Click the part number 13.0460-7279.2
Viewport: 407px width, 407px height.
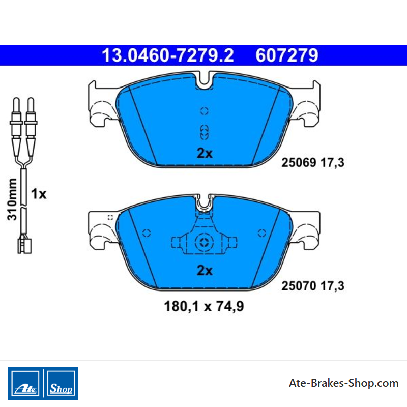[x=168, y=55]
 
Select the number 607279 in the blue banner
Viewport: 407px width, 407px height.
[x=287, y=55]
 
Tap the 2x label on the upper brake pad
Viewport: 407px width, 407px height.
[x=205, y=153]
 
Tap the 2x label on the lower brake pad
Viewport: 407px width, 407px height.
[x=205, y=271]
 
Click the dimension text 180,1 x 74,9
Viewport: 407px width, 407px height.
[x=204, y=306]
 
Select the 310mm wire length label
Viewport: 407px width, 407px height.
[x=12, y=199]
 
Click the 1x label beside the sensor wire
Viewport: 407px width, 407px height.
[x=39, y=194]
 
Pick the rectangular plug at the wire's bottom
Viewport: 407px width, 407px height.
[x=24, y=246]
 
